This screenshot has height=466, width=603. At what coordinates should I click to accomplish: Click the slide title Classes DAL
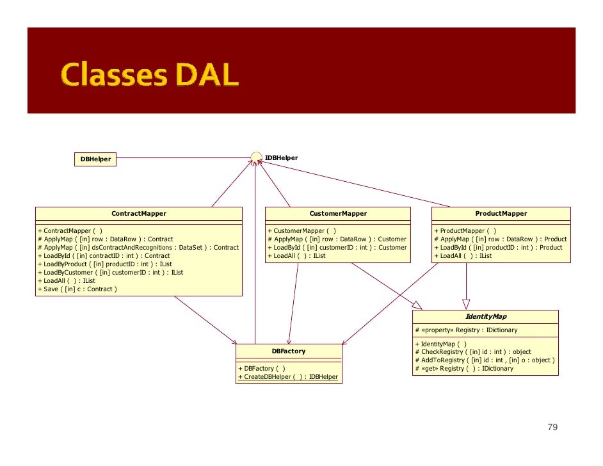(x=150, y=76)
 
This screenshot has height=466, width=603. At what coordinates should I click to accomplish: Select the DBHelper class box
(x=95, y=159)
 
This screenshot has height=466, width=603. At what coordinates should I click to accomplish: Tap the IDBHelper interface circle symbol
(x=256, y=157)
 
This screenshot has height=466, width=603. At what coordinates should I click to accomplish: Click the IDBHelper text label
(x=281, y=157)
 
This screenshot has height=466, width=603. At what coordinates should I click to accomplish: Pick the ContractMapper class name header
(x=139, y=214)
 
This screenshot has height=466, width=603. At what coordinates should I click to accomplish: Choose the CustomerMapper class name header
(x=338, y=214)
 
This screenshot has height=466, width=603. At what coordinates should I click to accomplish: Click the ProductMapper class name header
(x=501, y=214)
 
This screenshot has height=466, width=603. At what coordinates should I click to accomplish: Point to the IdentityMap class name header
(x=486, y=317)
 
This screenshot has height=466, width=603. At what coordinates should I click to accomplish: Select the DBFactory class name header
(x=289, y=351)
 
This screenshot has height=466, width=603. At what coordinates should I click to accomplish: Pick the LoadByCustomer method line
(x=110, y=273)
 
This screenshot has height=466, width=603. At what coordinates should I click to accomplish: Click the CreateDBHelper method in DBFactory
(x=288, y=377)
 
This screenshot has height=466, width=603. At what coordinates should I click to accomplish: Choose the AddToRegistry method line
(x=485, y=360)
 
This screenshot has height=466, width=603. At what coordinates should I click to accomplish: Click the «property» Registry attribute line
(x=467, y=330)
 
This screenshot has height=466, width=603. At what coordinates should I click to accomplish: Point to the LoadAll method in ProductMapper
(x=463, y=256)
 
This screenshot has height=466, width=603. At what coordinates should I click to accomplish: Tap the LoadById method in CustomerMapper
(x=337, y=248)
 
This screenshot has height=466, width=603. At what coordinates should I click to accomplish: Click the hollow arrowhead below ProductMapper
(x=466, y=304)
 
